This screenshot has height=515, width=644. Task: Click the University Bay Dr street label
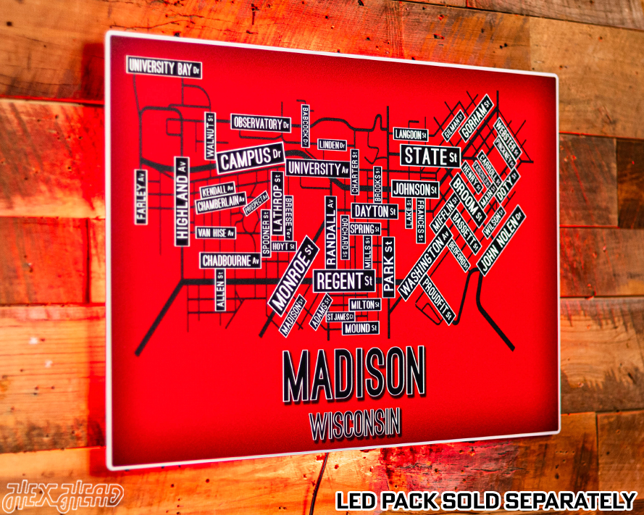(164, 67)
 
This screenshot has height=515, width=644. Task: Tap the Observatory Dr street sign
(261, 123)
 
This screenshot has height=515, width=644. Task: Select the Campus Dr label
(250, 159)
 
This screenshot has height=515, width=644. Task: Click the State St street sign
(430, 156)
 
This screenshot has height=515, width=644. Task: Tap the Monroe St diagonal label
(293, 276)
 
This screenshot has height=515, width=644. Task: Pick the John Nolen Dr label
(500, 240)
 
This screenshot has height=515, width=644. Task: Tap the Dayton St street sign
(375, 212)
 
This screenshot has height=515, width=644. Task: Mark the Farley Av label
(141, 196)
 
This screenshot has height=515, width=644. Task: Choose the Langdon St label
(411, 134)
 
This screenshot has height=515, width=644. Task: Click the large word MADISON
(354, 374)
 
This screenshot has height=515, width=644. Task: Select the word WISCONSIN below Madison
(355, 424)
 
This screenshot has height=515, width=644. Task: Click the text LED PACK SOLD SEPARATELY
(485, 500)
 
